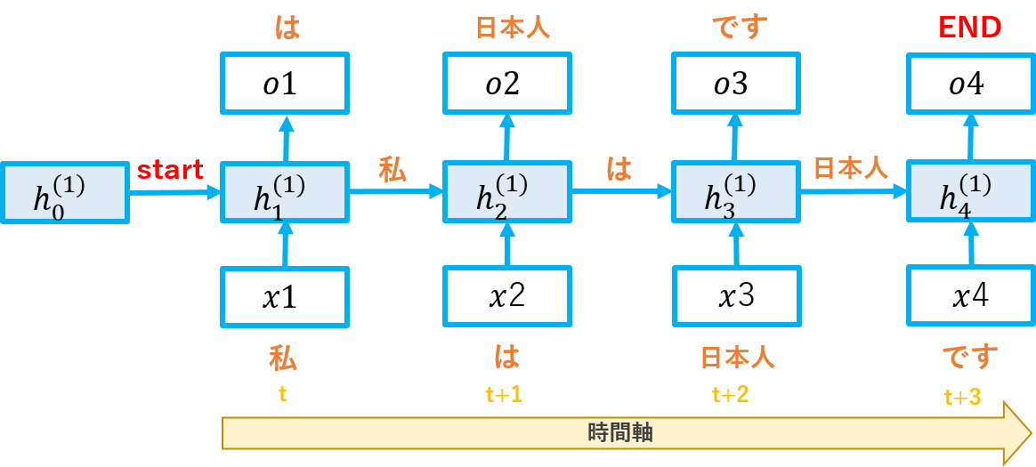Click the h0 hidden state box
64,192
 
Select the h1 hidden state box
284,191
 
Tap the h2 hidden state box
506,191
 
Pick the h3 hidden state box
735,191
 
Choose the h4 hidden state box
970,191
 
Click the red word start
170,170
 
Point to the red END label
970,28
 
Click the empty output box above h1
284,83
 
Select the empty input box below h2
506,296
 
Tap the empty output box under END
970,83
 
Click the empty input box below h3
736,296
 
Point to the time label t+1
504,394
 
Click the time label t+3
963,397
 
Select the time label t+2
730,394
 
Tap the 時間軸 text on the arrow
620,433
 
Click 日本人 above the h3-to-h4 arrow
851,167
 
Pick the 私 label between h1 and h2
393,169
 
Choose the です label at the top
739,28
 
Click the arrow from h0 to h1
174,191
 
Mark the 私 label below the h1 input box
283,358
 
